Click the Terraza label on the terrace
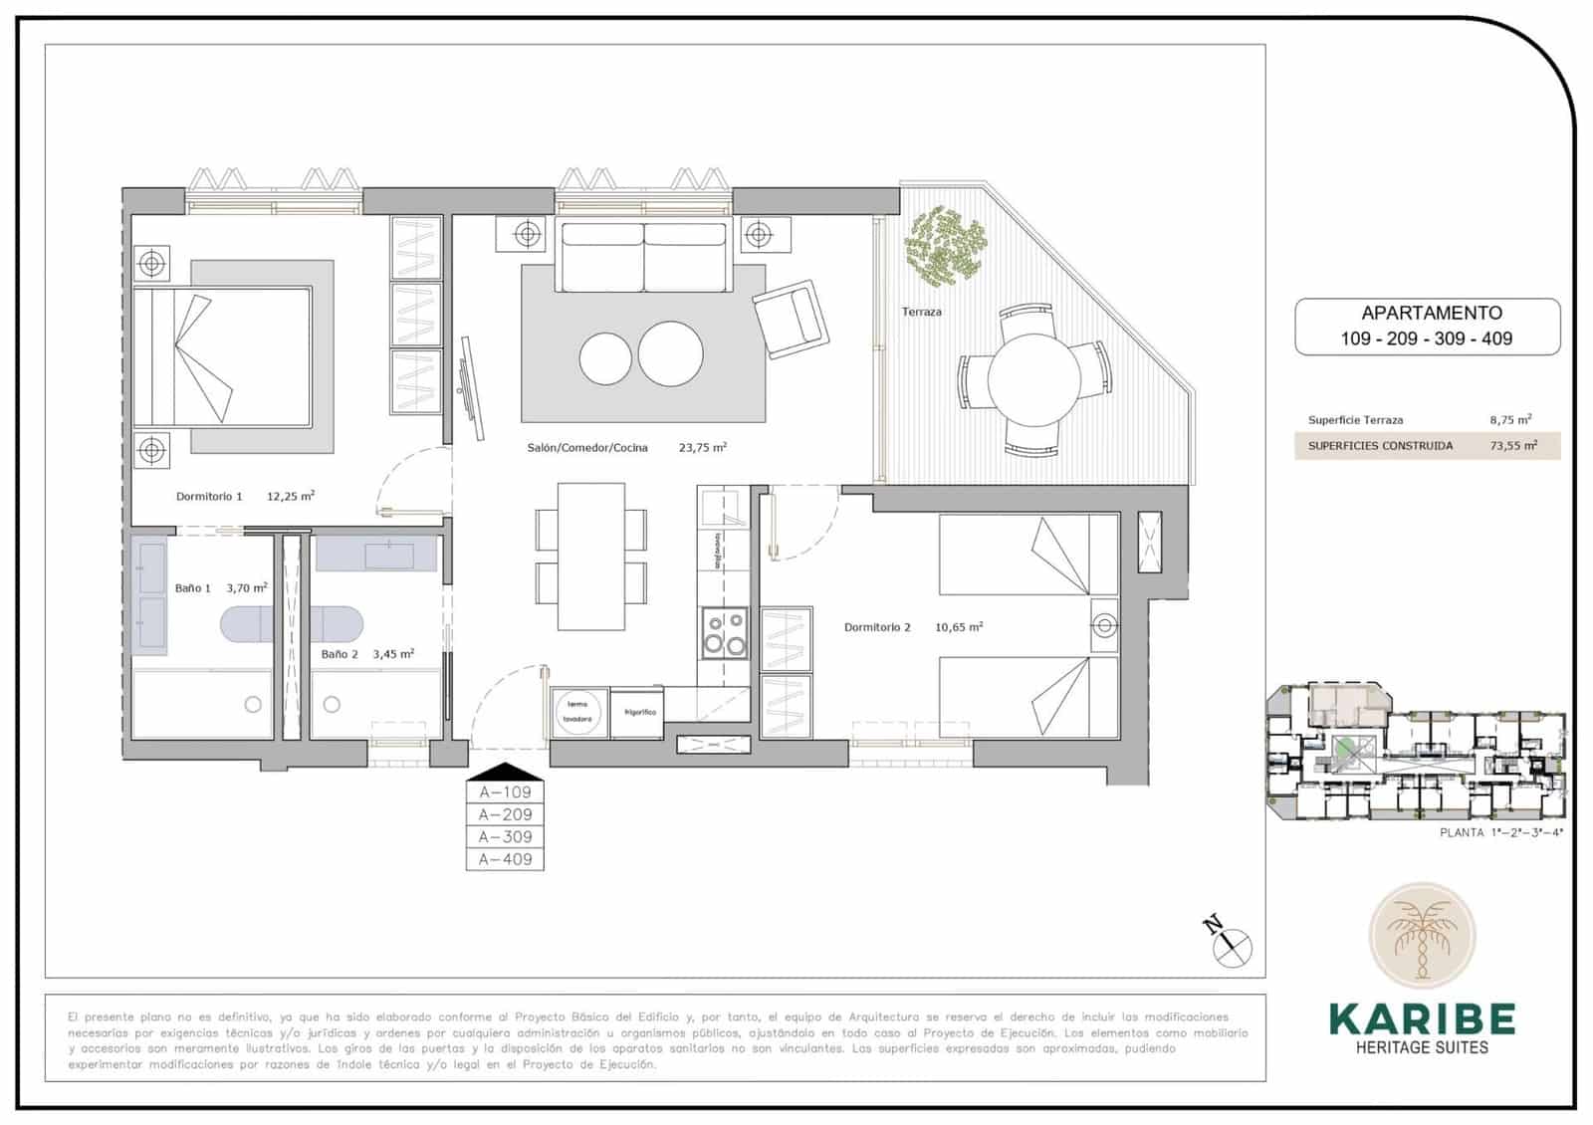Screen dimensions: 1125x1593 click(x=921, y=312)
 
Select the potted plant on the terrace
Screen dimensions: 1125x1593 click(x=945, y=244)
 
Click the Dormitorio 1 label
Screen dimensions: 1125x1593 click(x=209, y=496)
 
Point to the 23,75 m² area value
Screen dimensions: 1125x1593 click(x=702, y=448)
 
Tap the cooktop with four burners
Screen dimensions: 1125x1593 click(x=725, y=632)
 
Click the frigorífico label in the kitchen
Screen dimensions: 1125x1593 click(x=639, y=713)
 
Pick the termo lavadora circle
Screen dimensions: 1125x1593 click(x=578, y=712)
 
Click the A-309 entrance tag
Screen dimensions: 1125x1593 click(x=505, y=837)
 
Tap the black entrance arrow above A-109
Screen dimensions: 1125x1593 click(x=505, y=772)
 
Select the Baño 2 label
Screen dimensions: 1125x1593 click(x=340, y=654)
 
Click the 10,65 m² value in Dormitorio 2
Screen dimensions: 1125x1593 click(x=958, y=627)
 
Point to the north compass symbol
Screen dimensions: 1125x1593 click(x=1233, y=942)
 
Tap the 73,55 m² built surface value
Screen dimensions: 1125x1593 click(x=1512, y=446)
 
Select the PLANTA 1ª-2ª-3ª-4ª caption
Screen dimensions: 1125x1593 click(x=1500, y=832)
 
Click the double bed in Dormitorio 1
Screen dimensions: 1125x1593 click(x=223, y=356)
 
